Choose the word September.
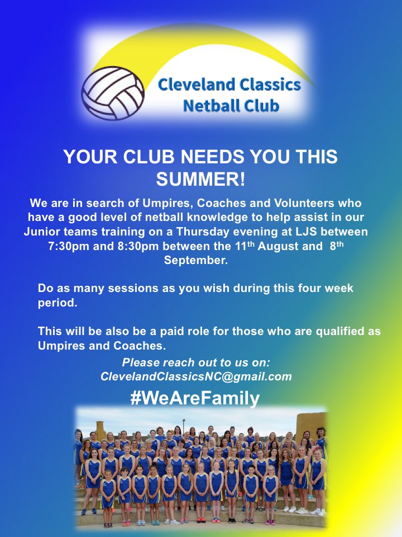pyautogui.click(x=200, y=261)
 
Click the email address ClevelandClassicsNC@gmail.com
pyautogui.click(x=196, y=377)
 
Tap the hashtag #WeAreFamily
pyautogui.click(x=195, y=398)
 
